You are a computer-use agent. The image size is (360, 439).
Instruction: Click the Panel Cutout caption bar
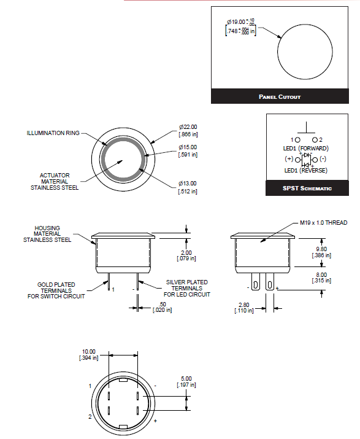pyautogui.click(x=279, y=96)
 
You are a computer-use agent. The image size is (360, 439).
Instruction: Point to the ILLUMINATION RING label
pyautogui.click(x=52, y=133)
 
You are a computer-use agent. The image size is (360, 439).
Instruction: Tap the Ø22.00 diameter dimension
pyautogui.click(x=188, y=126)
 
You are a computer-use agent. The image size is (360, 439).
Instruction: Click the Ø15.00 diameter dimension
pyautogui.click(x=188, y=147)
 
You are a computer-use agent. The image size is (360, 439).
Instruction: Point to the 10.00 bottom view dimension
pyautogui.click(x=89, y=353)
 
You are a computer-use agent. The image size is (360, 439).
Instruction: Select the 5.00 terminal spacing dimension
pyautogui.click(x=188, y=378)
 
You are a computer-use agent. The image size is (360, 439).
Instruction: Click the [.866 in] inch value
pyautogui.click(x=188, y=133)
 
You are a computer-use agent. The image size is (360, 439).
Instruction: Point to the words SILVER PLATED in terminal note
pyautogui.click(x=187, y=282)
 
